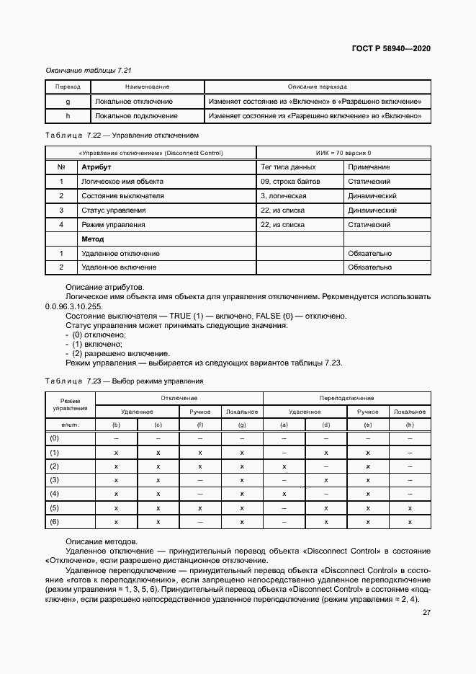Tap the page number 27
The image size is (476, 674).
coord(426,612)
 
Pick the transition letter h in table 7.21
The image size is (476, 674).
coord(67,115)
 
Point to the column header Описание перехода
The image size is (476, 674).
coord(317,87)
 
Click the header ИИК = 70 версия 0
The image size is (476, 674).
coord(343,153)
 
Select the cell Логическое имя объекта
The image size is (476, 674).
coord(122,182)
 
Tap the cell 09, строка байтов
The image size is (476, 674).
coord(290,182)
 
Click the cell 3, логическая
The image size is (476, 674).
coord(284,196)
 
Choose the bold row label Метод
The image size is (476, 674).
coord(92,239)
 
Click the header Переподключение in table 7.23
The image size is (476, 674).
coord(346,398)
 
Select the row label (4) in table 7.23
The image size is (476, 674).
coord(53,494)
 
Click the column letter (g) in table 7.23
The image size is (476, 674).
coord(242,425)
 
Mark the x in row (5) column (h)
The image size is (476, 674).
coord(410,507)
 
